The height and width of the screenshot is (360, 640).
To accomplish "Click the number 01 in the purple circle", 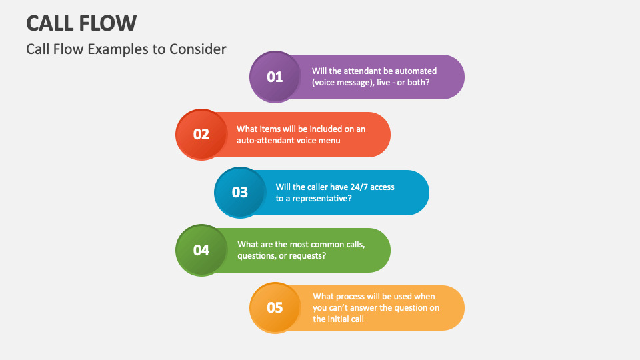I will [275, 77].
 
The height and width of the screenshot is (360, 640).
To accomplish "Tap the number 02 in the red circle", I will [201, 134].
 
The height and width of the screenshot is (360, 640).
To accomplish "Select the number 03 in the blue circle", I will [240, 193].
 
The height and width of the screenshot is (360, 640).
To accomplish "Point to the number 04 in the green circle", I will [201, 250].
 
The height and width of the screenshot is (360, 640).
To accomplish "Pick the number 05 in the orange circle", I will [275, 307].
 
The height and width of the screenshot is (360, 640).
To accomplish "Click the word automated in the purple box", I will [415, 71].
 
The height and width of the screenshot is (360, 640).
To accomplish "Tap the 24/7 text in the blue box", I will [357, 187].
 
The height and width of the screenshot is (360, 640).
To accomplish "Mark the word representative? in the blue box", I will [319, 199].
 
